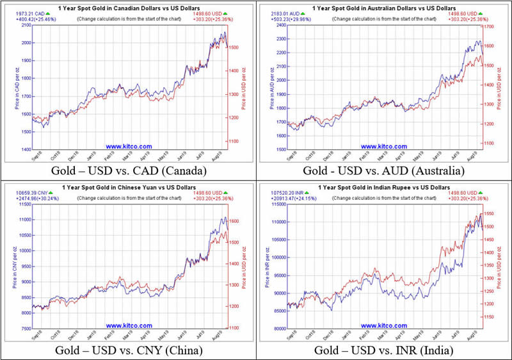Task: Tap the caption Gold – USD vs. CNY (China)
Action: coord(127,350)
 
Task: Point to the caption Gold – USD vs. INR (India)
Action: coord(383,350)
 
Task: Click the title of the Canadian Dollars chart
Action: coord(132,7)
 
